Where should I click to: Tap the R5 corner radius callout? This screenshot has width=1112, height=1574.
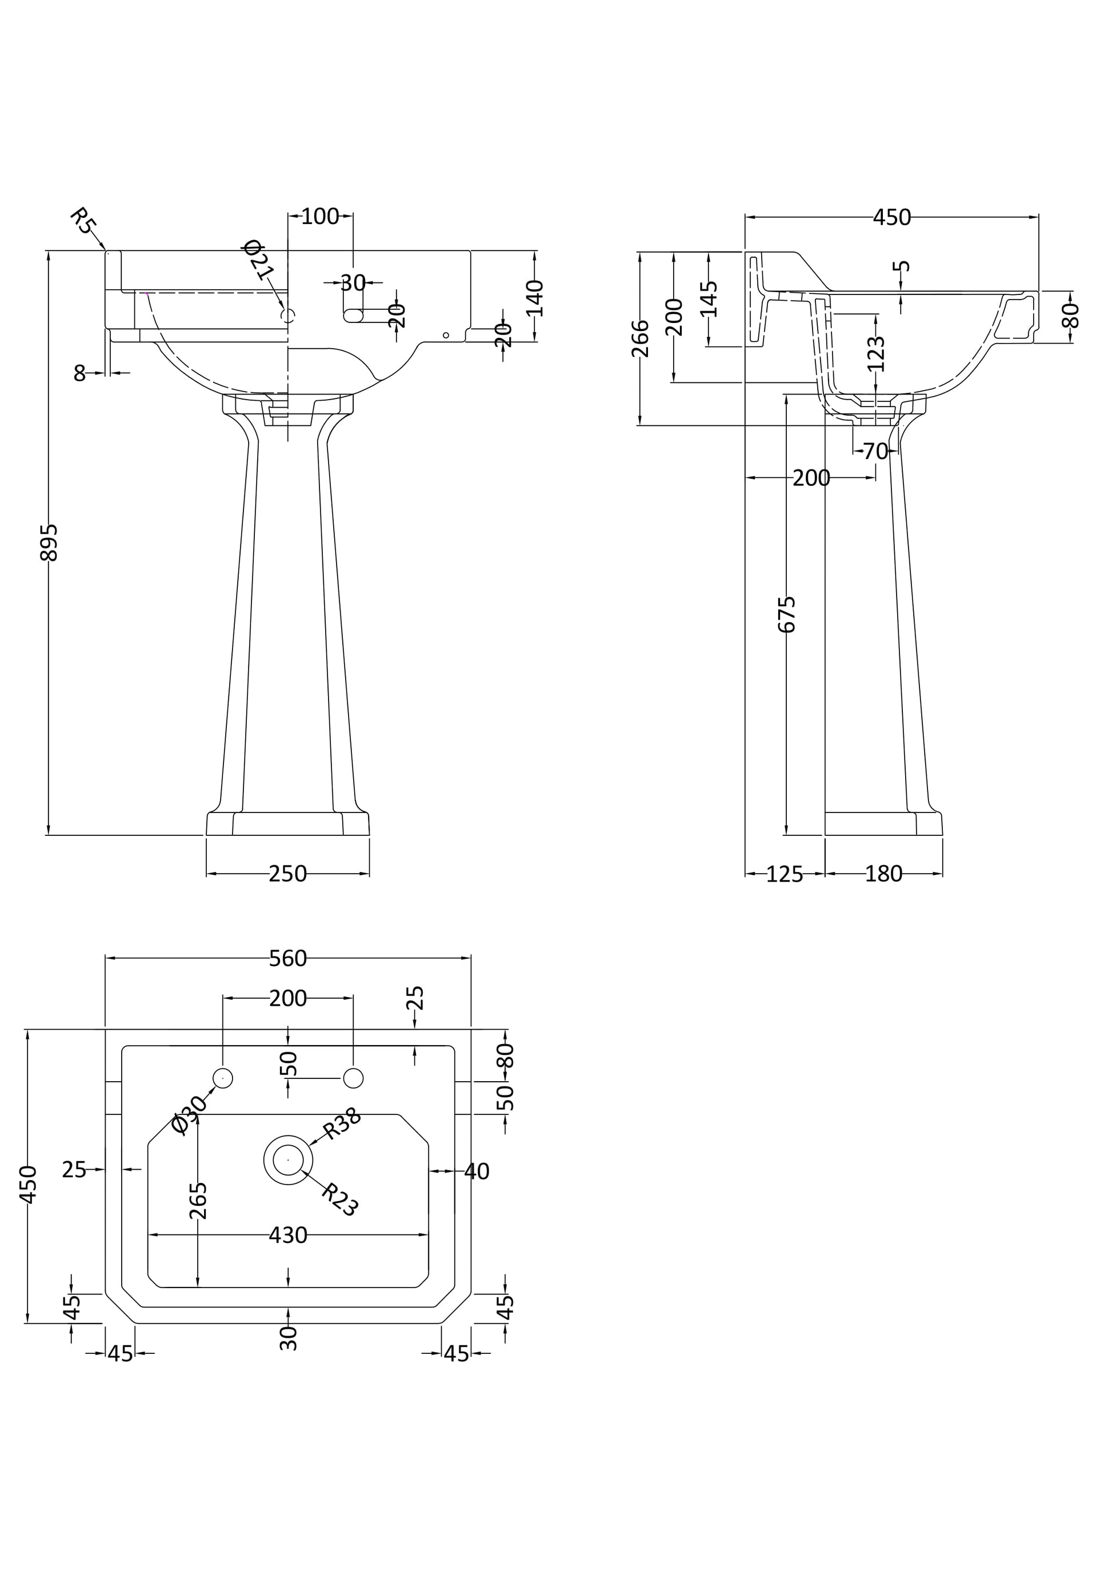[x=84, y=221]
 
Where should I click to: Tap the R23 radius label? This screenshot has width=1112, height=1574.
[x=340, y=1198]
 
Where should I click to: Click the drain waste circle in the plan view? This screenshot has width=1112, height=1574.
[x=289, y=1159]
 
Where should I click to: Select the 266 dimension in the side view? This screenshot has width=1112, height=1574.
[x=640, y=338]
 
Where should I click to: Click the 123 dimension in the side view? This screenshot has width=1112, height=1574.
[x=877, y=353]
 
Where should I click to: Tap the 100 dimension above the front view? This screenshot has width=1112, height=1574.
[x=320, y=216]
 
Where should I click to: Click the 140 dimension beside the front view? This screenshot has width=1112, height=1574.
[x=536, y=297]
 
